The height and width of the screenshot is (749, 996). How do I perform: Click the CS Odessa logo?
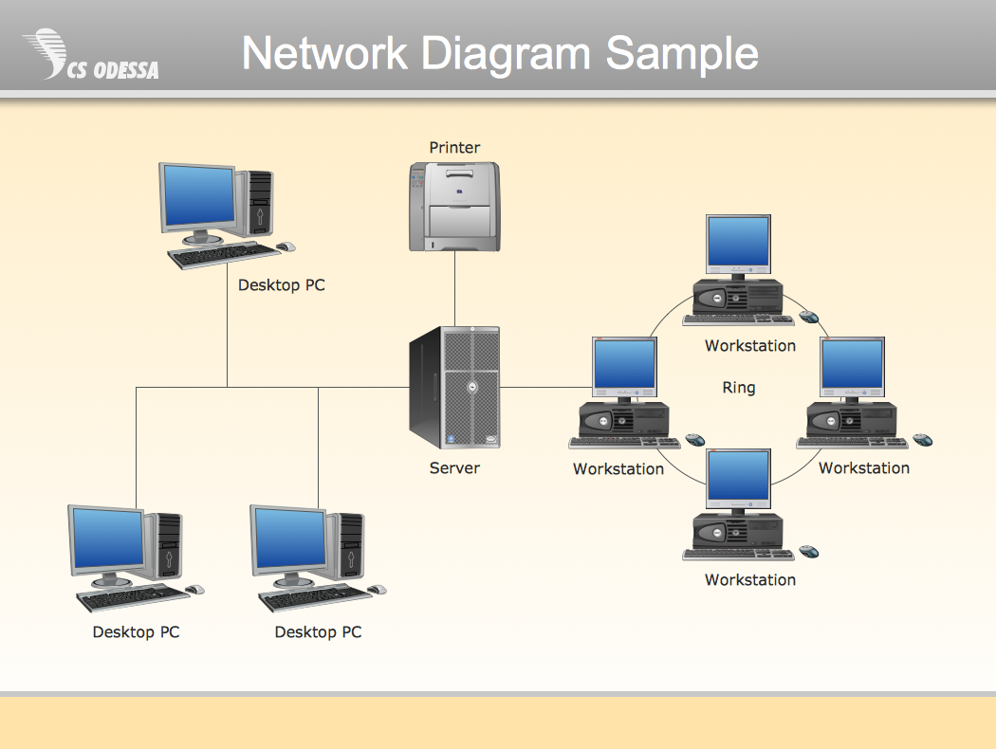90,55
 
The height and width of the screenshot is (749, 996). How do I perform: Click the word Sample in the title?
682,53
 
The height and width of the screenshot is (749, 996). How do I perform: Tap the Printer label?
454,147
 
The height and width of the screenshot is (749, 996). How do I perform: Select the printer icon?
454,207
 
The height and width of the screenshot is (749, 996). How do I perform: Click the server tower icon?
455,387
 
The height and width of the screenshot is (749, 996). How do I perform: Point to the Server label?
454,467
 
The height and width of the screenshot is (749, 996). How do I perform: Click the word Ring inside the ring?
739,387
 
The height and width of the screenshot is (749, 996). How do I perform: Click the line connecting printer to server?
454,288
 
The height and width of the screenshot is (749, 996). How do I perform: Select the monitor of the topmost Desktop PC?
198,197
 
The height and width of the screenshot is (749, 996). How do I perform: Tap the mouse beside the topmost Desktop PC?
286,247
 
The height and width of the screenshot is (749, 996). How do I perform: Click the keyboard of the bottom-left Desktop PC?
133,597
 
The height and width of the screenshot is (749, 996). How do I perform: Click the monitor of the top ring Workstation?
738,243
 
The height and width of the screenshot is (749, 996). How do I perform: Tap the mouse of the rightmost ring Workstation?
922,440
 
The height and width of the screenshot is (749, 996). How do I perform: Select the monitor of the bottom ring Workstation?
738,478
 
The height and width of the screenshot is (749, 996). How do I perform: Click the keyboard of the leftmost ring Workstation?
624,442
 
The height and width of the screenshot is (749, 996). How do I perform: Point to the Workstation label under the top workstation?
749,346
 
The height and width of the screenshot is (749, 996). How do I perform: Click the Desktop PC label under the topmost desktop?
281,284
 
